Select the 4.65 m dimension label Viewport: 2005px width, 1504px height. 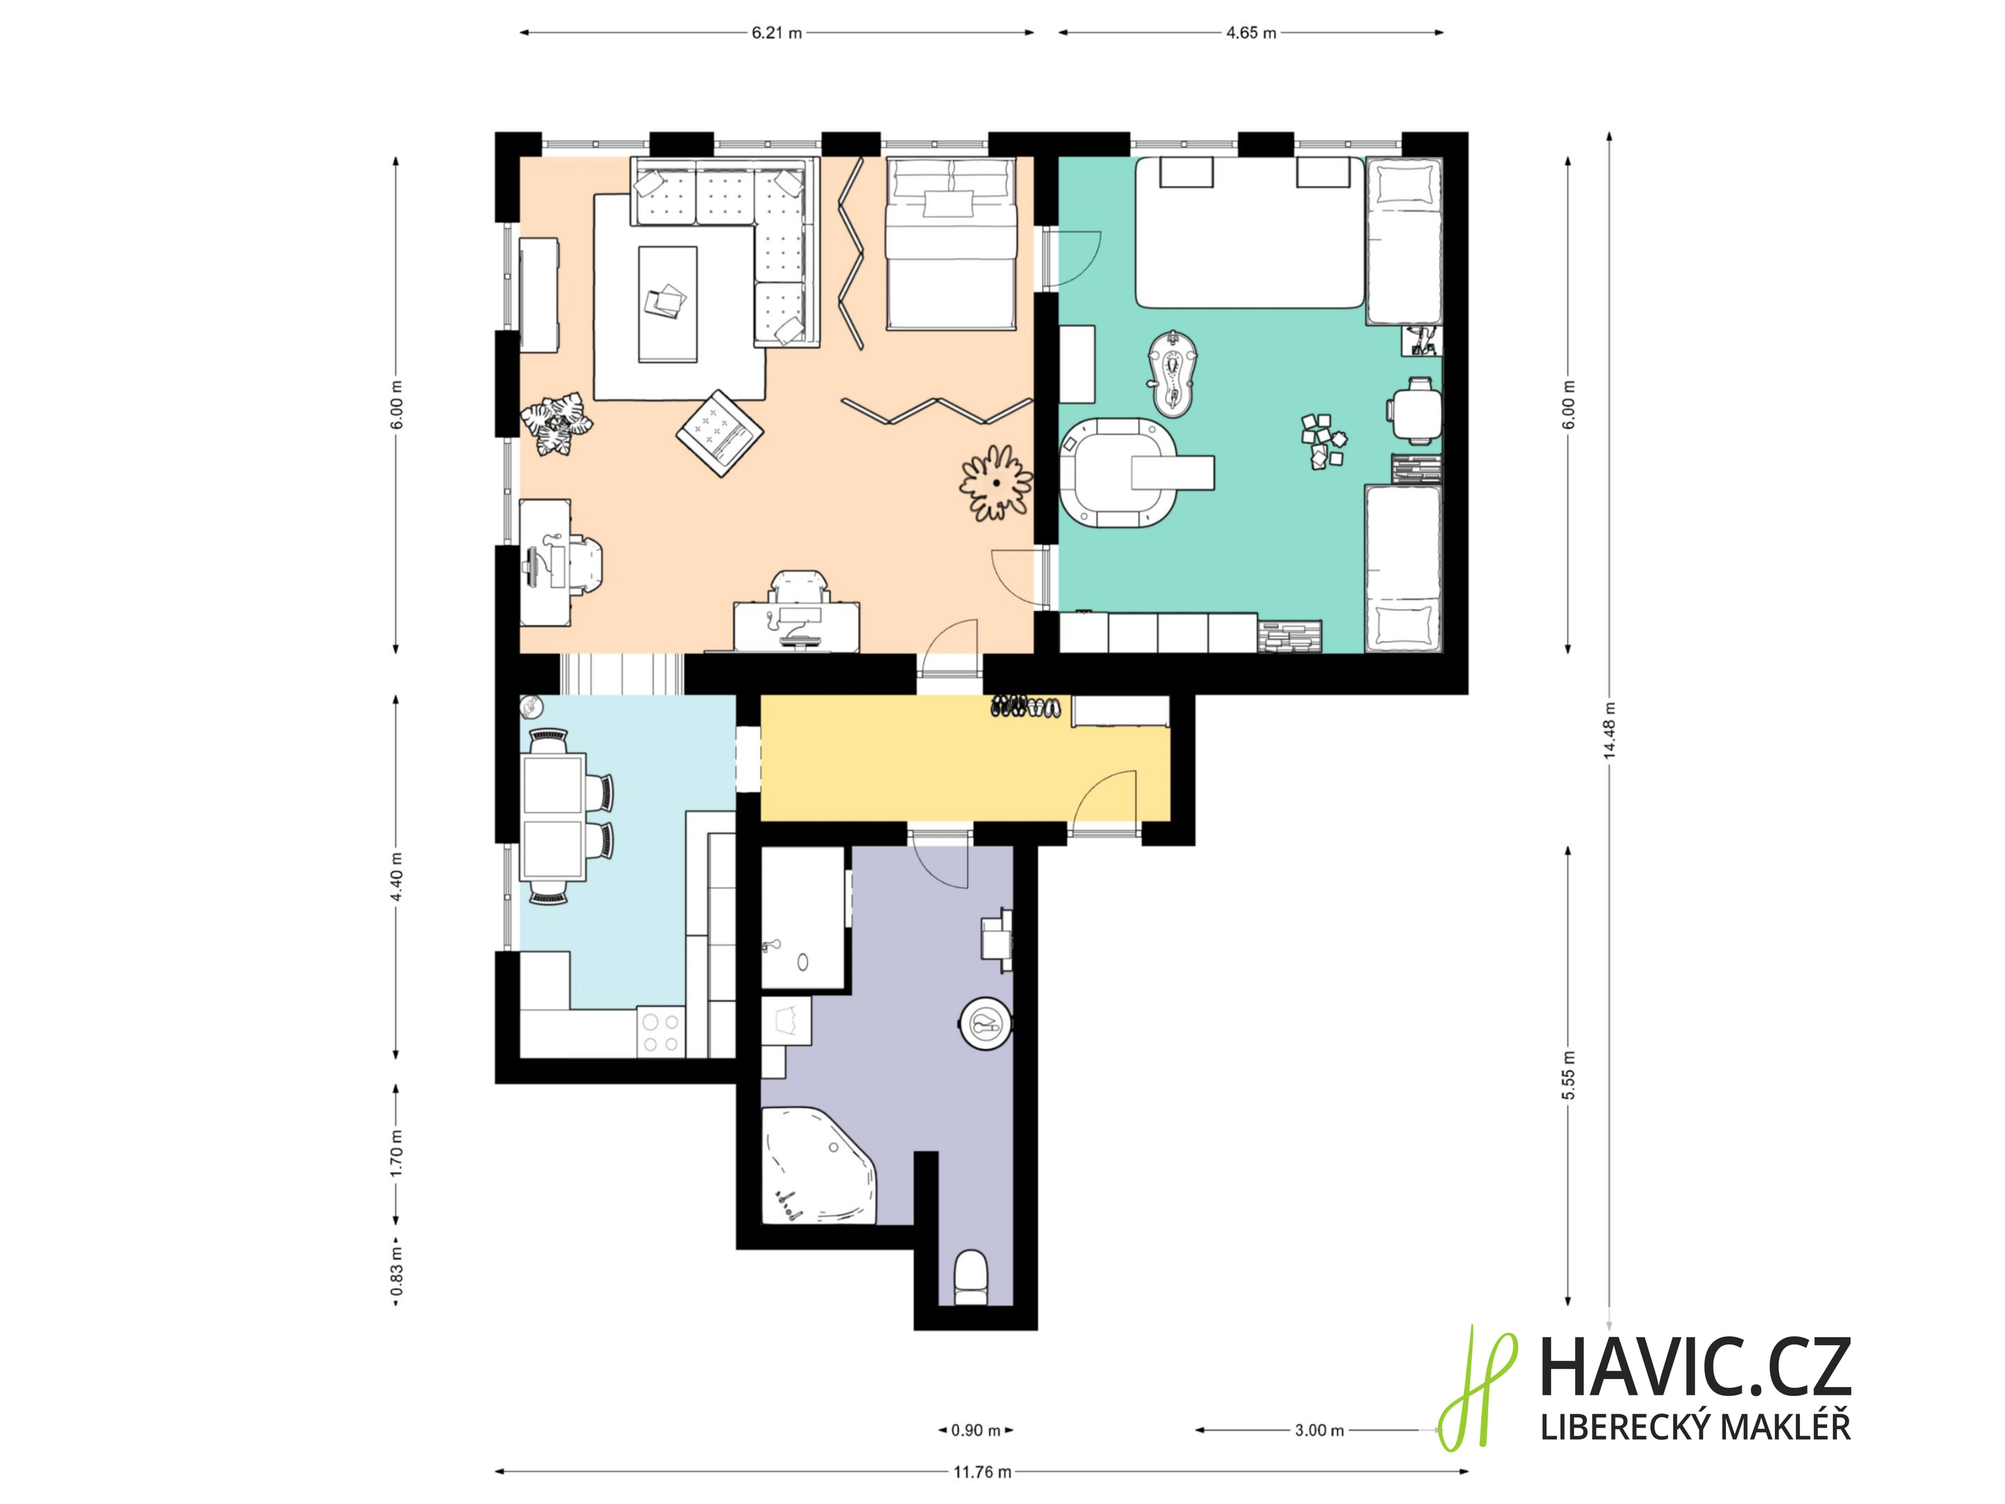1251,32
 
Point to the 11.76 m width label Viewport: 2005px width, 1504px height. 982,1472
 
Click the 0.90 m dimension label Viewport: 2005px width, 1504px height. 975,1430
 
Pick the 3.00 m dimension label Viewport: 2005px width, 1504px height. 1319,1430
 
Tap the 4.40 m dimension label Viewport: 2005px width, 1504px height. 396,877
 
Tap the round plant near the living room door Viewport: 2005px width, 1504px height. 996,483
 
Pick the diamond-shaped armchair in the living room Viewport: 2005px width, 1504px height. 720,432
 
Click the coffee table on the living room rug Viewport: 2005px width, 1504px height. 667,304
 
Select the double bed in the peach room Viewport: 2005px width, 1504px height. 950,243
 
